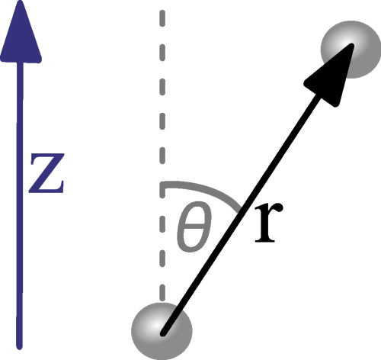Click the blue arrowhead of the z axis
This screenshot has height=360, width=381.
tap(21, 34)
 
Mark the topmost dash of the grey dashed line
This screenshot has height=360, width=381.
tap(161, 18)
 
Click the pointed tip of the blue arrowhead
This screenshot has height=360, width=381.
tap(21, 5)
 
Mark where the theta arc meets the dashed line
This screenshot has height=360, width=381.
tap(162, 184)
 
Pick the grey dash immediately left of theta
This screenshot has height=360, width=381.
tap(161, 230)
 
